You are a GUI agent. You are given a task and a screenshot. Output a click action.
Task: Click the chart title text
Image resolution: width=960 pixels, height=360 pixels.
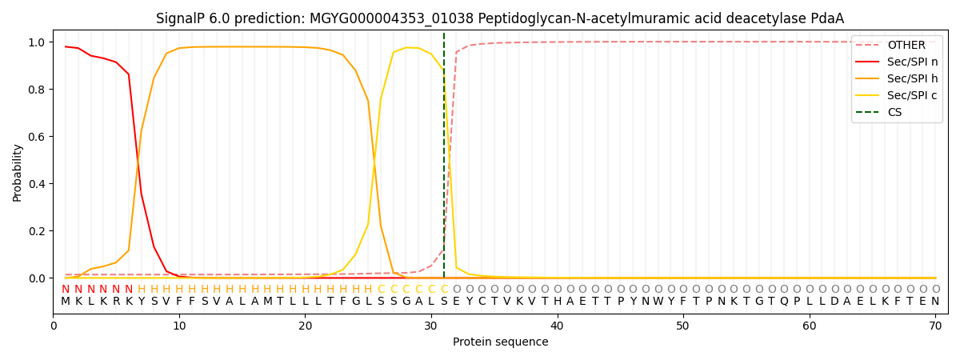pos(500,18)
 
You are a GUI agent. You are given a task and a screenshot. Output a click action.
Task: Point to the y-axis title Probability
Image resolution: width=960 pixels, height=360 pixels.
pos(18,173)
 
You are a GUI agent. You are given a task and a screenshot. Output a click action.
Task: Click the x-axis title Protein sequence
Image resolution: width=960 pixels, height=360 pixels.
pos(500,342)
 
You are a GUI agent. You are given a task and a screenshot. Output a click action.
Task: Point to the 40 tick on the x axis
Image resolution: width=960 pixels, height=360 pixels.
pos(557,326)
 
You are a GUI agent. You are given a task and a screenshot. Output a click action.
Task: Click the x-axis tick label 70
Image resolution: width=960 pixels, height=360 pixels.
pos(935,326)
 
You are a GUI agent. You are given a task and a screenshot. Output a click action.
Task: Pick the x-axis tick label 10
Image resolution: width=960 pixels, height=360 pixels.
pos(179,326)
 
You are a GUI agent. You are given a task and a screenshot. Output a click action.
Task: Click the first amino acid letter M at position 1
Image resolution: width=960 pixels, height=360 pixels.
pos(66,302)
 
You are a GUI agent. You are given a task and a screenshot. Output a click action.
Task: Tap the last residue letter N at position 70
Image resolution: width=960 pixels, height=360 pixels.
pos(935,302)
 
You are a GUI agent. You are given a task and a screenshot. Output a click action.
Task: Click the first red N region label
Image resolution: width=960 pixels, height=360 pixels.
pos(66,289)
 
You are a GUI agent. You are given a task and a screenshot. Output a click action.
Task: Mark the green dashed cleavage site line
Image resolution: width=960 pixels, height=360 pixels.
pos(444,160)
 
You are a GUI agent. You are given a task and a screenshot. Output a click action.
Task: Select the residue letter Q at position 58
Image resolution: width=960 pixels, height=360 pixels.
pos(784,302)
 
